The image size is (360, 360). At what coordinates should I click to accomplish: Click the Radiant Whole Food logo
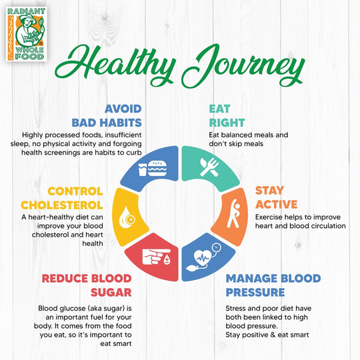[x=26, y=33]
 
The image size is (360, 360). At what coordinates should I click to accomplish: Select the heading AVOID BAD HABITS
[x=107, y=115]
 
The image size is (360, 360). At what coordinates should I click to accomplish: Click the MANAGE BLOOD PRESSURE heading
[x=273, y=285]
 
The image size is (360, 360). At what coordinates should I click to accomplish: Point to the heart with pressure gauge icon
[x=206, y=257]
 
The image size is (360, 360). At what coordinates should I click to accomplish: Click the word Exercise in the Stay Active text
[x=271, y=216]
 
